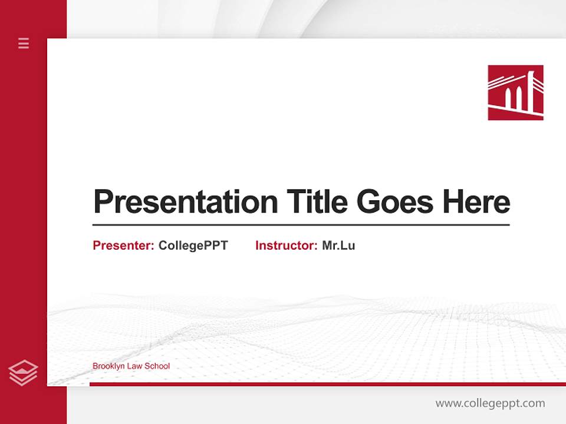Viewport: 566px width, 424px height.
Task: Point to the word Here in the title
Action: [x=476, y=202]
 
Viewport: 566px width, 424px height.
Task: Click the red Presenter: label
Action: [x=124, y=246]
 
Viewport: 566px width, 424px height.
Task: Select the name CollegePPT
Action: [x=193, y=246]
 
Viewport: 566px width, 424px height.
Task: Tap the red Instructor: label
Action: [x=287, y=246]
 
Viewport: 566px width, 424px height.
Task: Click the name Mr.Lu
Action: [x=338, y=246]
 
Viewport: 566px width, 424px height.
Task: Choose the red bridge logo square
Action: [x=515, y=92]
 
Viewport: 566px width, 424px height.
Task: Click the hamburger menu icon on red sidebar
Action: [x=24, y=43]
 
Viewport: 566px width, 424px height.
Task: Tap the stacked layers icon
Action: [x=24, y=373]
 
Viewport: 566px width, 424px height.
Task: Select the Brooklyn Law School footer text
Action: [x=131, y=366]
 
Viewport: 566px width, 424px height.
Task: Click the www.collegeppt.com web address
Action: [x=490, y=403]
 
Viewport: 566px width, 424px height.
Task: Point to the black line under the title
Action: [x=301, y=225]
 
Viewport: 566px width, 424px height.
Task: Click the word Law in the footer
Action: [x=136, y=366]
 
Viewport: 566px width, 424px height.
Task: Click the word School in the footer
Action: [x=157, y=366]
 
